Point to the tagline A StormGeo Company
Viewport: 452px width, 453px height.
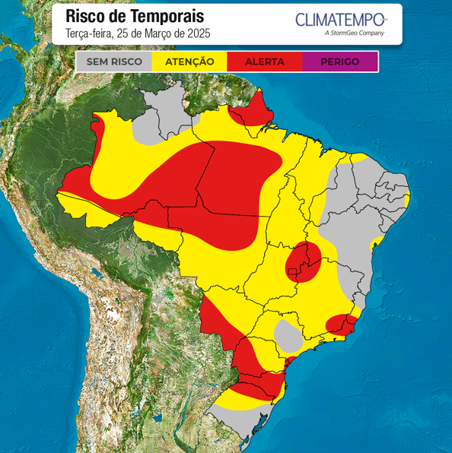(x=354, y=33)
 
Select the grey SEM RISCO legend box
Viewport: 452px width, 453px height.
(x=114, y=62)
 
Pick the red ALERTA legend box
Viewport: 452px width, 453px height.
(x=264, y=62)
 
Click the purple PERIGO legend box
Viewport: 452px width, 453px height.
(x=339, y=62)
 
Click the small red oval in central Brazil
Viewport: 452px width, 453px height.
(x=304, y=263)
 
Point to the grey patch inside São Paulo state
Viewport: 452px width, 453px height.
(x=287, y=334)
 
